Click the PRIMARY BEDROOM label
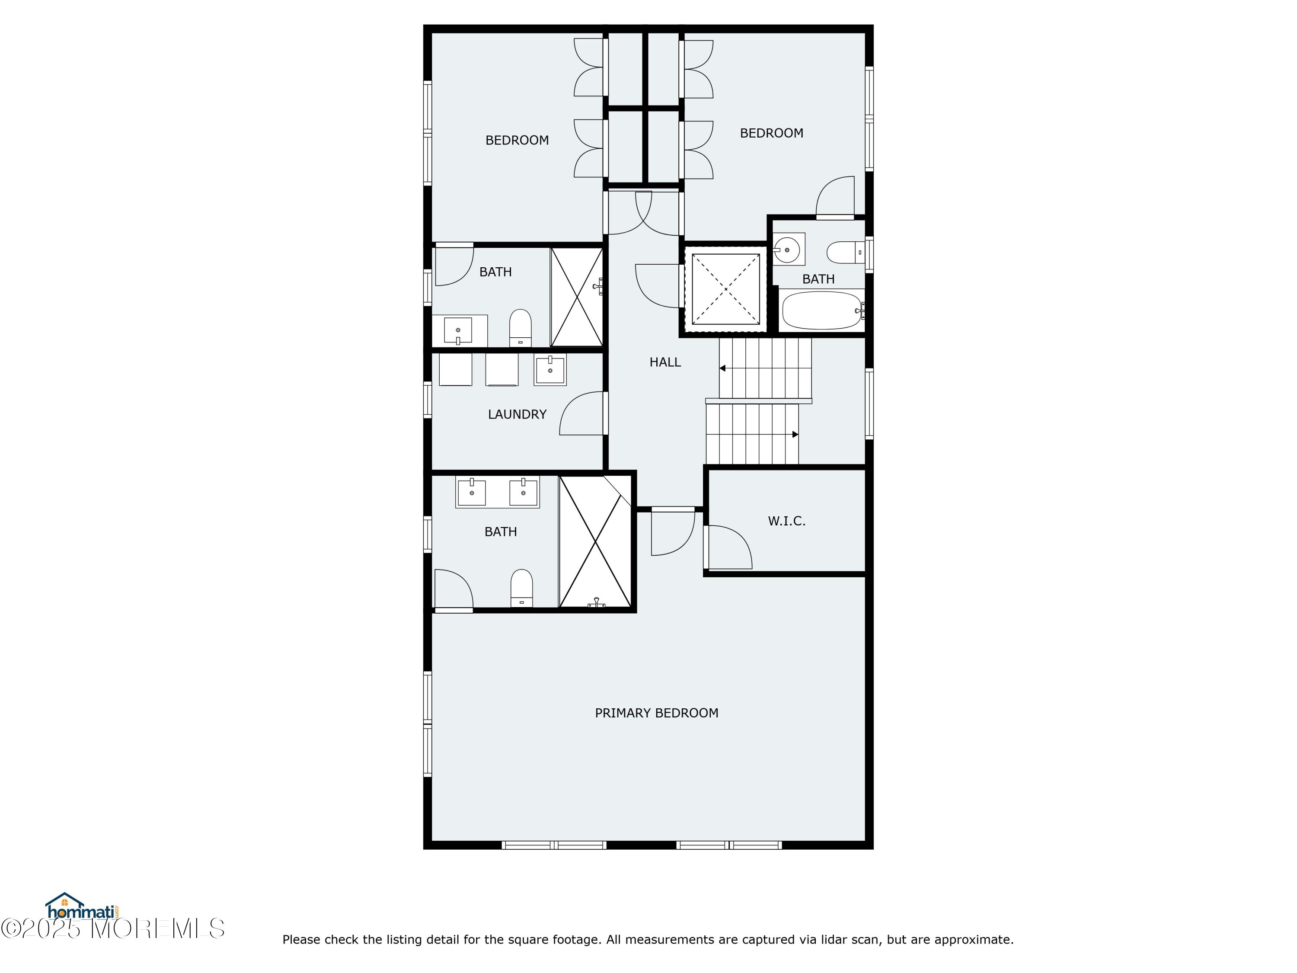656,713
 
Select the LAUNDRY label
517,415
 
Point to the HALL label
665,362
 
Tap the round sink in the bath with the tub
787,249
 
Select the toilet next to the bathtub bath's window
845,253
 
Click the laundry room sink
550,369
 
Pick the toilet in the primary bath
521,588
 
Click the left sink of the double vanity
471,492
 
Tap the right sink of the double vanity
523,492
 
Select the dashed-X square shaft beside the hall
726,289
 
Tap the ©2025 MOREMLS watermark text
112,928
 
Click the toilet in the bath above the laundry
520,328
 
